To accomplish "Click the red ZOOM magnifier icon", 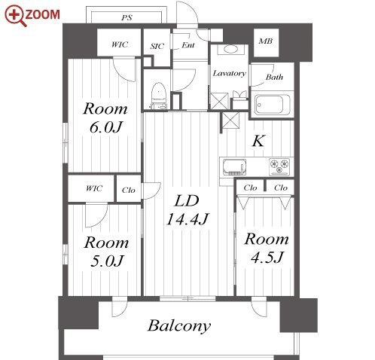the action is (14, 16).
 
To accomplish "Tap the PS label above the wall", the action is (127, 18).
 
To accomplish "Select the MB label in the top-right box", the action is (266, 41).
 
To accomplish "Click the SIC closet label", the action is (157, 46).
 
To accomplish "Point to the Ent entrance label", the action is (188, 45).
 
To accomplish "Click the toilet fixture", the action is (159, 96).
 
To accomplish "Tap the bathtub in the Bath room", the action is (273, 105).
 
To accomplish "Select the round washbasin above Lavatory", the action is (230, 49).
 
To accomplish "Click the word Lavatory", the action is (229, 73).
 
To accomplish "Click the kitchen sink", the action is (234, 167).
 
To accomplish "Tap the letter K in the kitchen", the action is (258, 141).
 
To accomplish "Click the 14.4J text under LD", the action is (187, 219).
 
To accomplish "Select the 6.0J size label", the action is (105, 127).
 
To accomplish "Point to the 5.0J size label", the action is (107, 261).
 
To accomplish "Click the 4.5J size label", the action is (267, 258).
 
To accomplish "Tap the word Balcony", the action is (179, 326).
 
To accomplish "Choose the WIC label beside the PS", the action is (120, 44).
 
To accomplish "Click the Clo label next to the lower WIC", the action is (129, 191).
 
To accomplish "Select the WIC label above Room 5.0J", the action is (94, 188).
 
